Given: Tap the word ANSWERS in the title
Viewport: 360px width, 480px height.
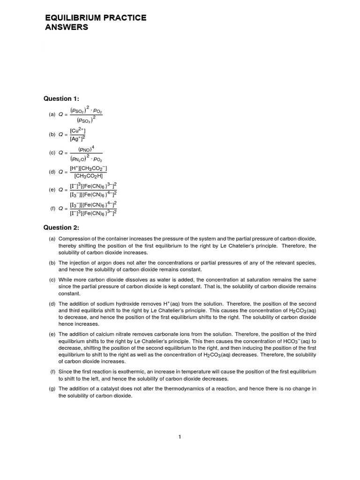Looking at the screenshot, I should click(x=67, y=28).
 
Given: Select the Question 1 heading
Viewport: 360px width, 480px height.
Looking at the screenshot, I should click(x=61, y=98).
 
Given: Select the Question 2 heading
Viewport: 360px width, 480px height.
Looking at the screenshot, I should click(x=61, y=228).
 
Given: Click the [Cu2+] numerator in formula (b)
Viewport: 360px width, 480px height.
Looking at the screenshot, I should click(x=77, y=130).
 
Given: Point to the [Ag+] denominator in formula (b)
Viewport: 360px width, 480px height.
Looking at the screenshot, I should click(x=77, y=138).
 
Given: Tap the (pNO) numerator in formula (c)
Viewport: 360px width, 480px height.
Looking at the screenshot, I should click(x=86, y=149).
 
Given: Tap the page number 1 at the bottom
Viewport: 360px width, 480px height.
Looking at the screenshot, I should click(x=180, y=437).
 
